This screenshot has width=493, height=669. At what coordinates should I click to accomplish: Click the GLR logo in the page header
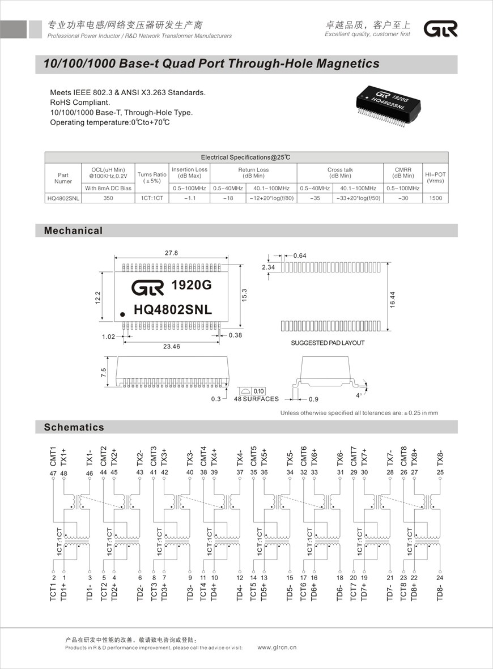[441, 29]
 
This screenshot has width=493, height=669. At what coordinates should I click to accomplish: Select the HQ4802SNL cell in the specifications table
[63, 198]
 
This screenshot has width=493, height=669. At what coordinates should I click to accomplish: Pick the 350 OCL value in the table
[108, 198]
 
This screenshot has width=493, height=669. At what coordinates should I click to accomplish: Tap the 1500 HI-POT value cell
[435, 198]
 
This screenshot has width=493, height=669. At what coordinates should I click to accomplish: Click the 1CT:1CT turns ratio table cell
[152, 198]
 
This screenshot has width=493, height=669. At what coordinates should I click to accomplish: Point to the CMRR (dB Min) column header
[403, 172]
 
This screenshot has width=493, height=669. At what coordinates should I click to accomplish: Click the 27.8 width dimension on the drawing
[171, 253]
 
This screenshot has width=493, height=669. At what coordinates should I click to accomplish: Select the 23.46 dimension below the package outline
[171, 346]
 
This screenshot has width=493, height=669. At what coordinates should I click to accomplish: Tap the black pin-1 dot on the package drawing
[122, 313]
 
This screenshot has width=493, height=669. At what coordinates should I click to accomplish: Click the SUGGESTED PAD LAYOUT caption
[328, 343]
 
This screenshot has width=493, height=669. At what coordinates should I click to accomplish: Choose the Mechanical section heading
[74, 231]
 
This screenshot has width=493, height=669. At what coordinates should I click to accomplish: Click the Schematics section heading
[74, 427]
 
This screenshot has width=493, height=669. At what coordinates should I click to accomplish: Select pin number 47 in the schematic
[53, 472]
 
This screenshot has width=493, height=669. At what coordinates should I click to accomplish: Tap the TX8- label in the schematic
[440, 457]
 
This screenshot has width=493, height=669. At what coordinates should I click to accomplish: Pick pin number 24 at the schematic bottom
[439, 578]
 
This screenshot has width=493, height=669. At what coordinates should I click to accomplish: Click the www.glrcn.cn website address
[277, 647]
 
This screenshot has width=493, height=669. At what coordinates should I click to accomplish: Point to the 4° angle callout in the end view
[358, 395]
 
